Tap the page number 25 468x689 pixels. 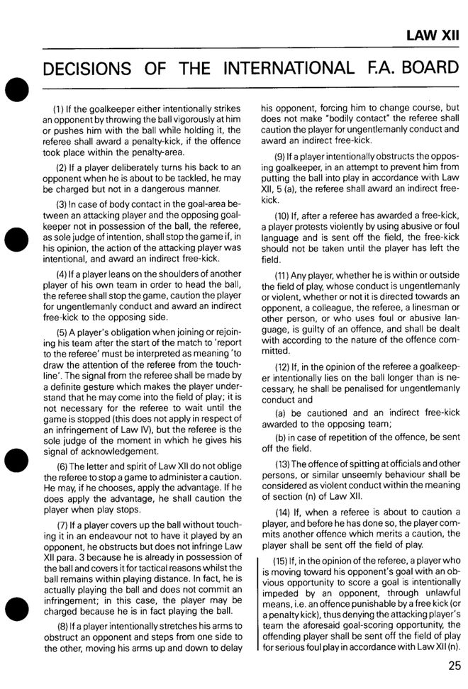click(x=454, y=664)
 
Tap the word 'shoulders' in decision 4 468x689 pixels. click(x=160, y=272)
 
